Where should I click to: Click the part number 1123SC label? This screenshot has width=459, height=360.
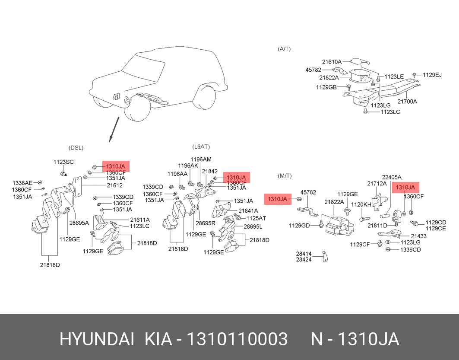click(63, 162)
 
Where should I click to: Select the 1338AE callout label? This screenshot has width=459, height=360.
click(22, 183)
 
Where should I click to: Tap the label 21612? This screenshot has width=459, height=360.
click(115, 185)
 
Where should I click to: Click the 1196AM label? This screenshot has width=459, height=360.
click(201, 159)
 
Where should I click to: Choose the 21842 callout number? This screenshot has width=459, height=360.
click(209, 172)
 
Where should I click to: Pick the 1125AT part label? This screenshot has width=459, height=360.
click(256, 218)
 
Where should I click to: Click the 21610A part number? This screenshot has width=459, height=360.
click(332, 62)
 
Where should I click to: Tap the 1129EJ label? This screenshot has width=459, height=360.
click(432, 75)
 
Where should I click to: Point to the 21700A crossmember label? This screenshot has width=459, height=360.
click(407, 102)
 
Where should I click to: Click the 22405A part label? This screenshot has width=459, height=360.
click(392, 177)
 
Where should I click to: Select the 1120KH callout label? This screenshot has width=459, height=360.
click(361, 204)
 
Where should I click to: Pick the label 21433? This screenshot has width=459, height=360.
click(418, 236)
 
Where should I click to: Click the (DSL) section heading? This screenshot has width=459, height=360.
click(76, 148)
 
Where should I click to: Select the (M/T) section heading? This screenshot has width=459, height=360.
click(285, 175)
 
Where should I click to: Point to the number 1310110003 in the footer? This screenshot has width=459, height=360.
click(237, 339)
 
